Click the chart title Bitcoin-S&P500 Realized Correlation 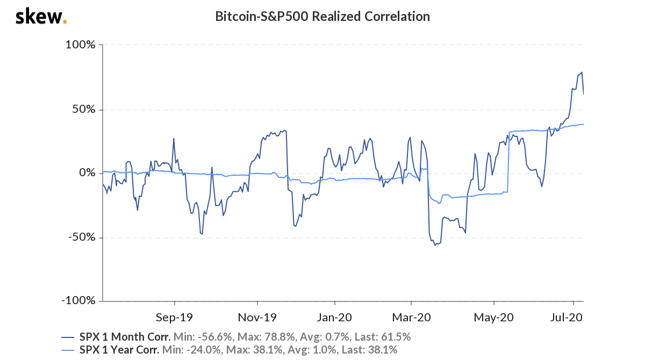coord(322,16)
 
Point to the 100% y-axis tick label coord(80,45)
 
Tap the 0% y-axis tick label coord(87,173)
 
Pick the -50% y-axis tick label coord(81,237)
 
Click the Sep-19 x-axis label coord(175,317)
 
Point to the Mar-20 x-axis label coord(411,317)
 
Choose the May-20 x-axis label coord(494,317)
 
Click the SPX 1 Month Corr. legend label coord(124,337)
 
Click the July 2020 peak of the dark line coord(582,72)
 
